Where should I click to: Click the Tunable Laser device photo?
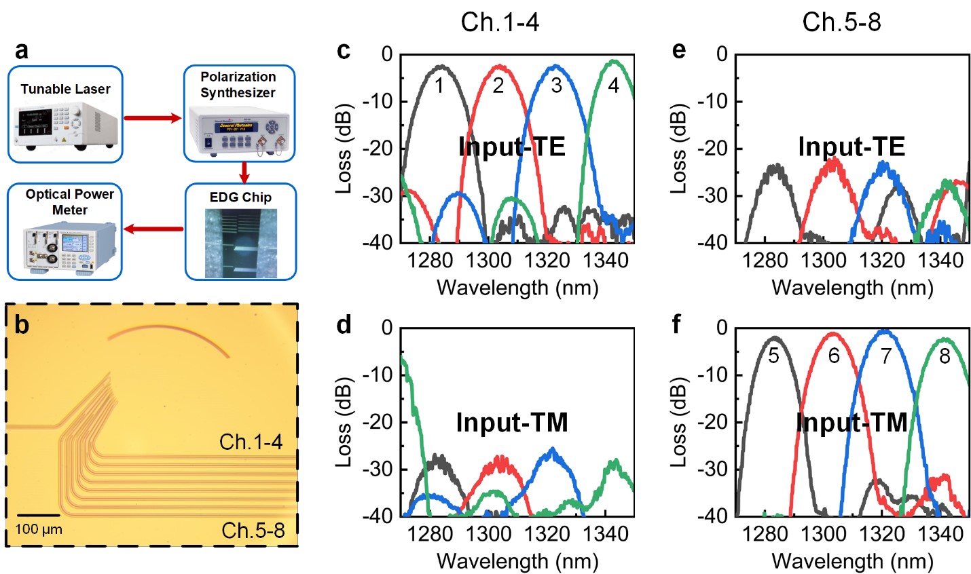66,126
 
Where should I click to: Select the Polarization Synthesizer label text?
238,85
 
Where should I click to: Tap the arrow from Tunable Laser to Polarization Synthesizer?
153,119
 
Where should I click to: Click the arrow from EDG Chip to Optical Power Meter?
153,229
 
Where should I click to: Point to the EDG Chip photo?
241,243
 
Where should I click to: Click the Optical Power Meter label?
69,202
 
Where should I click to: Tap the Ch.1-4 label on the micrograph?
251,442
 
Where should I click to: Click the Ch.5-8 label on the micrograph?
253,530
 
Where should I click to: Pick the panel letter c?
344,51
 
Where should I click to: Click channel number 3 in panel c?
556,85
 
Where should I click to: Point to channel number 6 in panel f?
834,356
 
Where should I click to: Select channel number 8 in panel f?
945,356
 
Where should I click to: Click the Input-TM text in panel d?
512,423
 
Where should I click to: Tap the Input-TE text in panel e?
851,147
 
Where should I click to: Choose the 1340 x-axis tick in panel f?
940,534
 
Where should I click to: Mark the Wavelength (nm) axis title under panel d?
517,561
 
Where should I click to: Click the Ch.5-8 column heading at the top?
841,22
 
